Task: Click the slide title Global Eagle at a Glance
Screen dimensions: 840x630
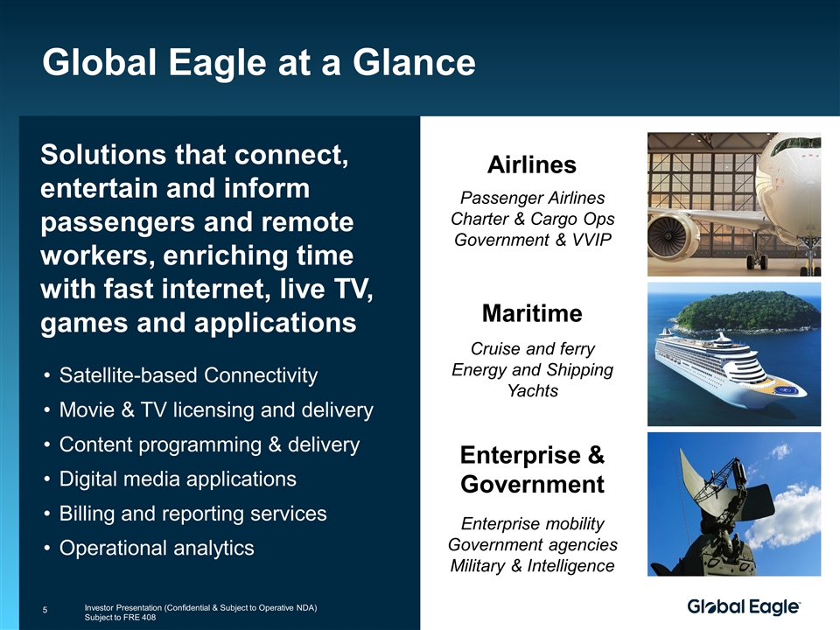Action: [x=259, y=62]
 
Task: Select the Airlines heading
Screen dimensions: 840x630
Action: [x=532, y=164]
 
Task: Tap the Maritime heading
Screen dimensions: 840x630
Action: [x=532, y=313]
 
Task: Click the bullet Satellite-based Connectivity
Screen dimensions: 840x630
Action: [x=188, y=375]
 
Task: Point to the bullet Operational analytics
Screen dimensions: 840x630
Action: [x=157, y=548]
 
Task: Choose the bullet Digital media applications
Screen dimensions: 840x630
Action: [x=178, y=479]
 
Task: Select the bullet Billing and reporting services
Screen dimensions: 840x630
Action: [x=192, y=514]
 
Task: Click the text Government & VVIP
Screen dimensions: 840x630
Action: [x=533, y=240]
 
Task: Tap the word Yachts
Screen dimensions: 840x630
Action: [x=533, y=390]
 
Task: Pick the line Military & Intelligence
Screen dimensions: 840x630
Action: [x=532, y=565]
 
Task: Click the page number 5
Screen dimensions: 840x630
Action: [x=45, y=610]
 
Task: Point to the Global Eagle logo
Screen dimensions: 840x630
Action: [x=744, y=607]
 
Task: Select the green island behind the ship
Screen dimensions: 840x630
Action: [x=746, y=311]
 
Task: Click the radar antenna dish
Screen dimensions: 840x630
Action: [x=720, y=485]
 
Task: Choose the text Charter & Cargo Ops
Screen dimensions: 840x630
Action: [x=532, y=219]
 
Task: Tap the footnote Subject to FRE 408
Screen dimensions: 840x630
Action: [x=120, y=617]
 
